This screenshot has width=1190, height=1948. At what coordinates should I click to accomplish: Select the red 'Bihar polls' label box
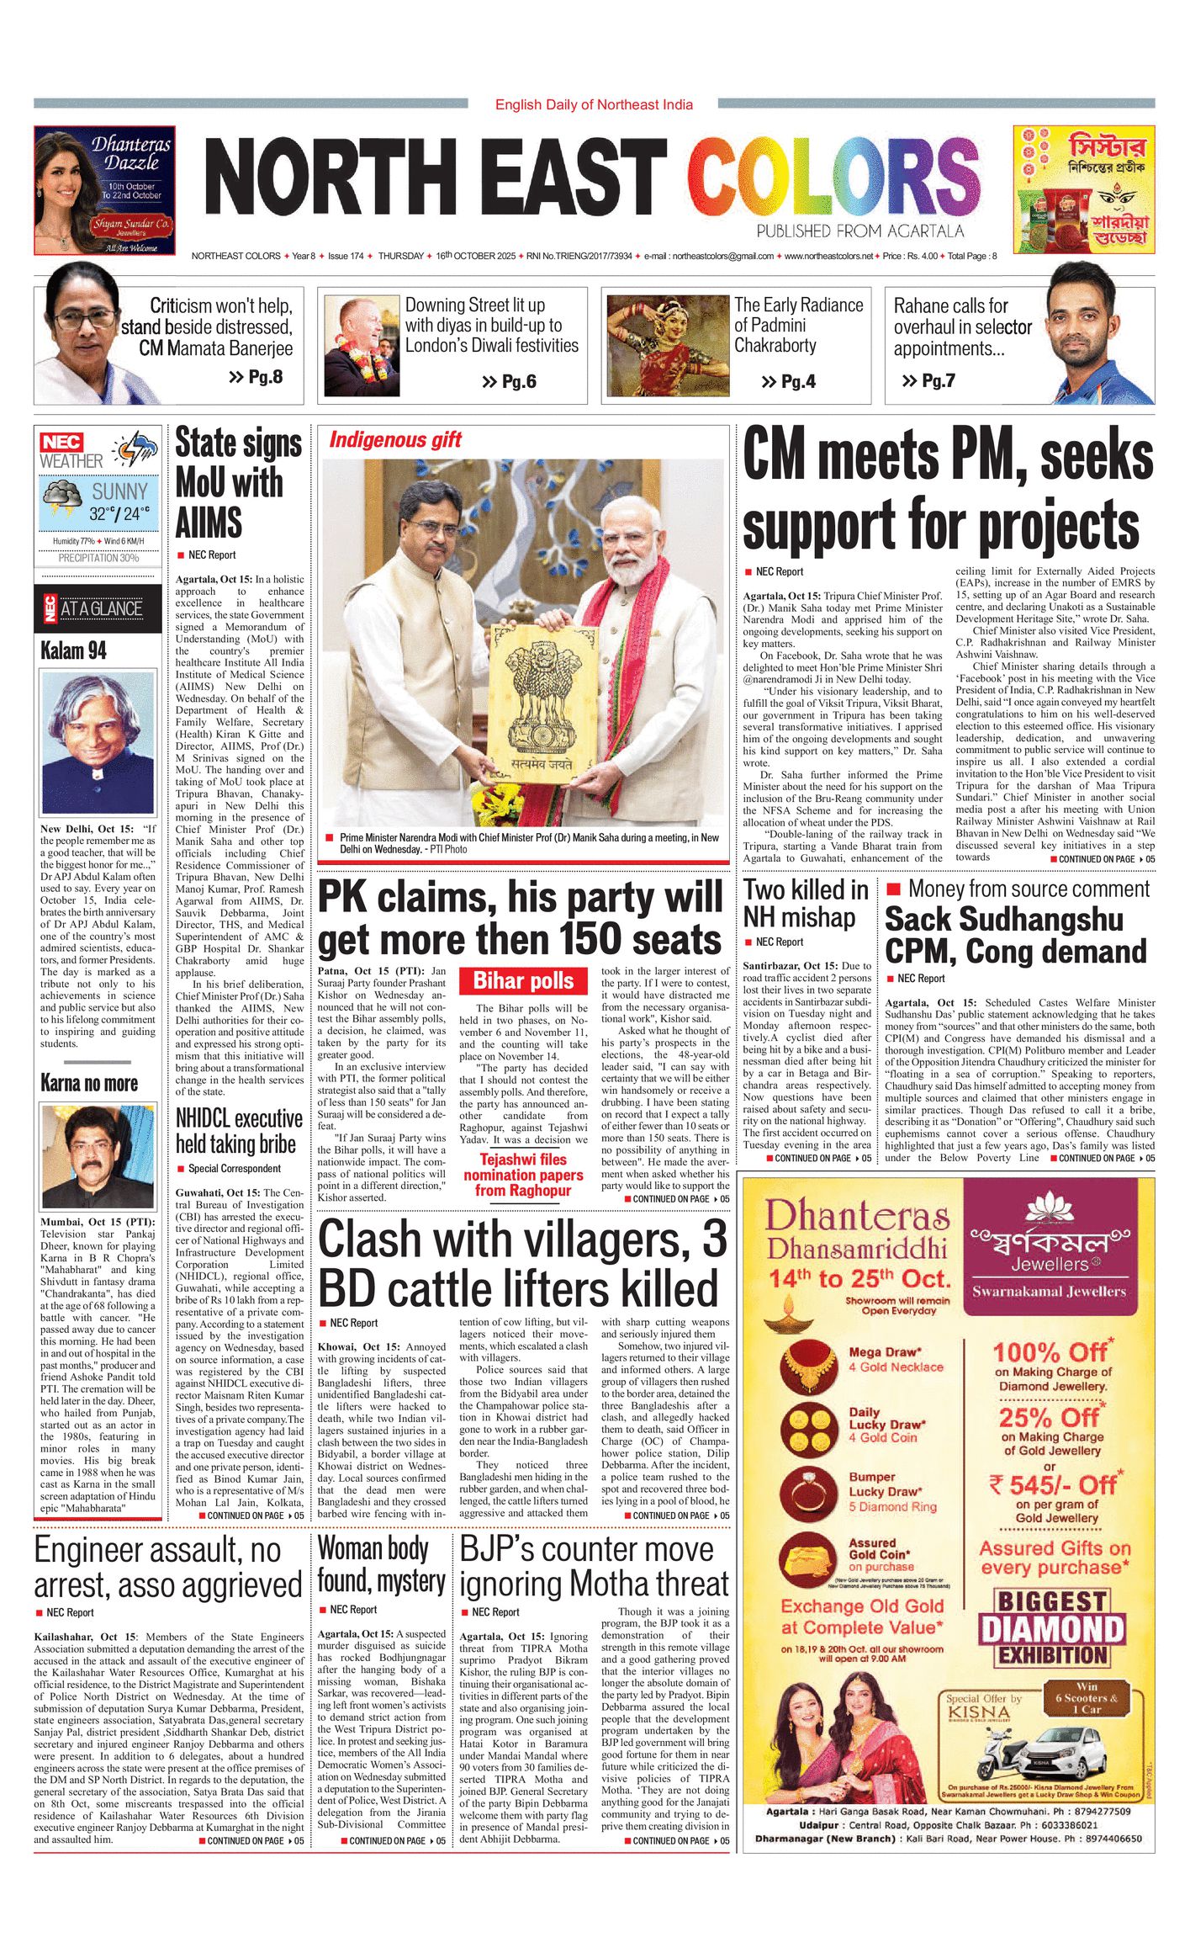[x=523, y=980]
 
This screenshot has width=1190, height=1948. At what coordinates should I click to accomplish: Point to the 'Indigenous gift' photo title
[x=395, y=439]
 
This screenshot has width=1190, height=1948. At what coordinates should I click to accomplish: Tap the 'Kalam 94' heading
[x=74, y=650]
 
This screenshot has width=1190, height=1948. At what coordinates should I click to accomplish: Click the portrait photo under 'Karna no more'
[x=98, y=1157]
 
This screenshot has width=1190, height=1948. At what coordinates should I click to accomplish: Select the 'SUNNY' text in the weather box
[x=119, y=491]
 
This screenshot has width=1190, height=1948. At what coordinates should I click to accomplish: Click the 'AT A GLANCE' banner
[x=98, y=608]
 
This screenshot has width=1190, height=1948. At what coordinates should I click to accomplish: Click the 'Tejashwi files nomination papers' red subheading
[x=523, y=1175]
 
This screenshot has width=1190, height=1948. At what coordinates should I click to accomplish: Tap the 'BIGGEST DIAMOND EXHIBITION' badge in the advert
[x=1052, y=1627]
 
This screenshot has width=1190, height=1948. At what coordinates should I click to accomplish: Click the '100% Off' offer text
[x=1053, y=1352]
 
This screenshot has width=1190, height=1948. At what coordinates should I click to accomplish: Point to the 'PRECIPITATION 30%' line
[x=98, y=558]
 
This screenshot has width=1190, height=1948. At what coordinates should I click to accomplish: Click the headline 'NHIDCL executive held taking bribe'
[x=239, y=1131]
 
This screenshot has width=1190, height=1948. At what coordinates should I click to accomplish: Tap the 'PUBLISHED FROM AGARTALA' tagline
[x=859, y=231]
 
